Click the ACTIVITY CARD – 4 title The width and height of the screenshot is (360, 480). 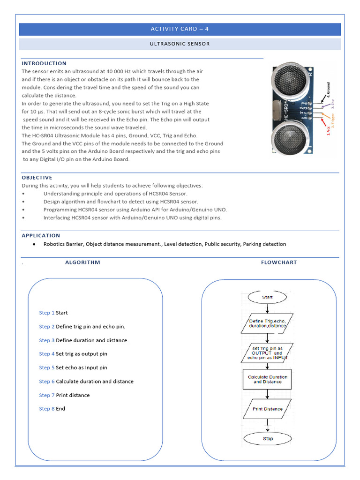tap(180, 29)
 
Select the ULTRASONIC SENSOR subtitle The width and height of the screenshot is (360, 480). tap(180, 44)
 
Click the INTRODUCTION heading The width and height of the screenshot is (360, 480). tap(44, 63)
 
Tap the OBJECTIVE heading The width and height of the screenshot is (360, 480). tap(37, 178)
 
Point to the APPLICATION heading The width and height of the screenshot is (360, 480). tap(41, 235)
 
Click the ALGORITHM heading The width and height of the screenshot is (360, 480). tap(82, 262)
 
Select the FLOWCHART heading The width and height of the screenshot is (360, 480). tap(279, 262)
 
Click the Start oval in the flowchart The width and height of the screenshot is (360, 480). tap(267, 297)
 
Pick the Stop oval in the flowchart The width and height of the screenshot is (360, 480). tap(268, 439)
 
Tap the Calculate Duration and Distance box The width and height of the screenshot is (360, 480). tap(268, 379)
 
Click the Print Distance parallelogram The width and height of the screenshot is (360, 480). tap(268, 409)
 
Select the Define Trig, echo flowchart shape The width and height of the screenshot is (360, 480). tap(267, 323)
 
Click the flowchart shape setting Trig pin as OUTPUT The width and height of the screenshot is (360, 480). tap(267, 352)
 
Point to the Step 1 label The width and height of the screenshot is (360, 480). tap(47, 313)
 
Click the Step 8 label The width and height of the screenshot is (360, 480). tap(47, 409)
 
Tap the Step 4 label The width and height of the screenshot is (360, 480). tap(47, 354)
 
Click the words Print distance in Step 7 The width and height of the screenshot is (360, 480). tap(73, 395)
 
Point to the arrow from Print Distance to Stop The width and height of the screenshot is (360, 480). tap(268, 425)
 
